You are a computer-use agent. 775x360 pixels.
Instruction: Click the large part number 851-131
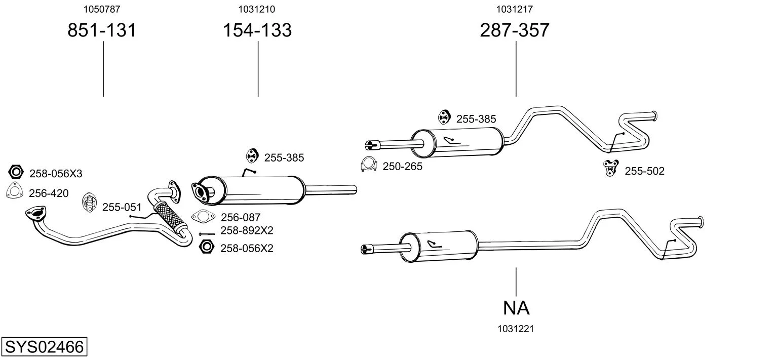(x=102, y=30)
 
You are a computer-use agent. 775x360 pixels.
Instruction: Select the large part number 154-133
(x=257, y=30)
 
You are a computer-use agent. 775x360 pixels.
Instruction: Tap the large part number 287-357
(x=515, y=30)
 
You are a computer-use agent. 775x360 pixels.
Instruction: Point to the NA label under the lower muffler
(x=516, y=307)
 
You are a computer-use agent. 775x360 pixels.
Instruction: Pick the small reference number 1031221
(x=516, y=329)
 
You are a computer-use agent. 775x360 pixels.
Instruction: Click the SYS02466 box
(x=44, y=347)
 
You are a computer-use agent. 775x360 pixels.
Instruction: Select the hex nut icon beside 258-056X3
(x=16, y=172)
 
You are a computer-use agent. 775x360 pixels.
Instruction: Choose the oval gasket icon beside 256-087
(x=203, y=217)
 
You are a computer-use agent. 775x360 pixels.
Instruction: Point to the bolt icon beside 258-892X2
(x=207, y=233)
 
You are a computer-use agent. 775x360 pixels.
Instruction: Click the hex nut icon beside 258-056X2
(x=207, y=247)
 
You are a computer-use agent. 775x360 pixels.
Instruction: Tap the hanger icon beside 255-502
(x=610, y=168)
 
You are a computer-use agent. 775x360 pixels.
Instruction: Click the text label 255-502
(x=644, y=171)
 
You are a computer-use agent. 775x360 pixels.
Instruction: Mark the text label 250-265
(x=402, y=166)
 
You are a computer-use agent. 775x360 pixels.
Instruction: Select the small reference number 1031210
(x=257, y=9)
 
